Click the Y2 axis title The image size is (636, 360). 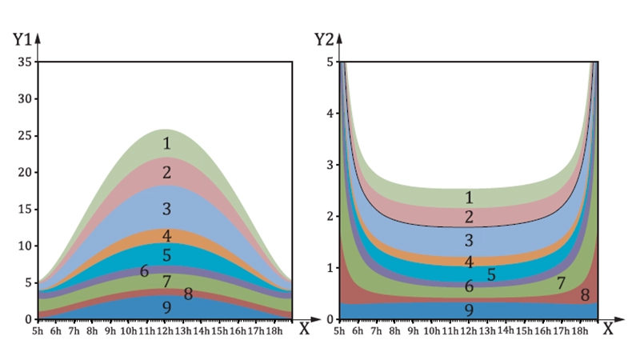click(x=322, y=38)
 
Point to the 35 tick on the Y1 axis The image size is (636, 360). click(x=23, y=62)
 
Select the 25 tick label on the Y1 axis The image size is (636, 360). click(x=23, y=136)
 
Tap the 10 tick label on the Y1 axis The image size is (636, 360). click(x=23, y=246)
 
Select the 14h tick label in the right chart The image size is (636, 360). click(x=506, y=329)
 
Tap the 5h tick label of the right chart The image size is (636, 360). click(x=339, y=330)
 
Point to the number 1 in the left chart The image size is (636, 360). click(x=166, y=144)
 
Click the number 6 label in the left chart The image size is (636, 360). click(x=144, y=271)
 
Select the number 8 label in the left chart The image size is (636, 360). click(x=188, y=294)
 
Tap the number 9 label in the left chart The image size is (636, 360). click(x=166, y=307)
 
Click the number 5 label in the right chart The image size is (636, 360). click(x=491, y=274)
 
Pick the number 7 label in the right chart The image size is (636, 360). click(x=561, y=282)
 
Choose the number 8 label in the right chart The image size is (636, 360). click(x=585, y=295)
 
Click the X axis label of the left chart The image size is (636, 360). click(x=303, y=329)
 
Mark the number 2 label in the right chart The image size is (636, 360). click(x=469, y=217)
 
